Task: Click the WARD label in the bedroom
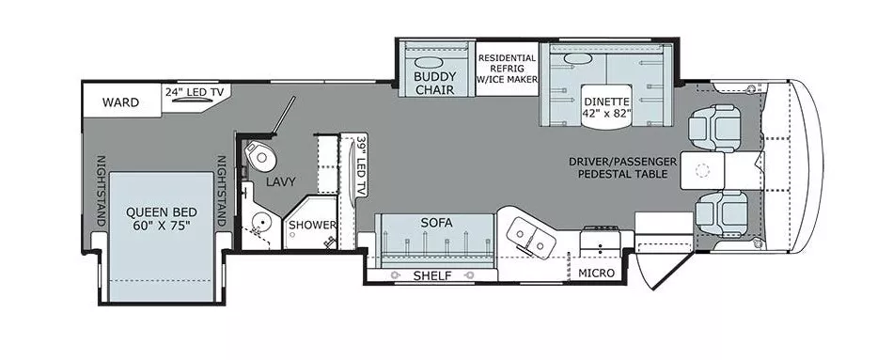121,102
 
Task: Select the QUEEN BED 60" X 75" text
157,219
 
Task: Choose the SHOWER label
311,225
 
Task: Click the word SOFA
437,223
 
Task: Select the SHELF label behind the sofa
432,275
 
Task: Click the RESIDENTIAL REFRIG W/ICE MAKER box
508,68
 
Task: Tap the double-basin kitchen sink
528,237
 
